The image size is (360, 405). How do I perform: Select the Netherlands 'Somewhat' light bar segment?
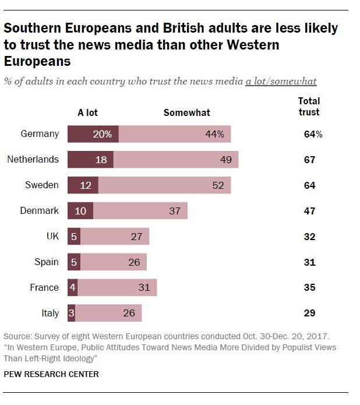175,160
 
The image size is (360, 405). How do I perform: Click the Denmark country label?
40,210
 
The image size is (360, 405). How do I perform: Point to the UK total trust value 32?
309,237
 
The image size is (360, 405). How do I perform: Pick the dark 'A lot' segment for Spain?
73,262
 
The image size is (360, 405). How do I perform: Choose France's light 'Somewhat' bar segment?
117,287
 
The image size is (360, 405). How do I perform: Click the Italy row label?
51,313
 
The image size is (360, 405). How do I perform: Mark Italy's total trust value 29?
309,313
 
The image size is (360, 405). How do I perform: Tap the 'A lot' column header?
87,112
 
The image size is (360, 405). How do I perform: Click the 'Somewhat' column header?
186,112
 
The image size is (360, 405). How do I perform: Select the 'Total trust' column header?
309,107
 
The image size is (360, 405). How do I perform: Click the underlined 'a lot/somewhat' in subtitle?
281,81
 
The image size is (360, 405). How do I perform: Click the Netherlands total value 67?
309,160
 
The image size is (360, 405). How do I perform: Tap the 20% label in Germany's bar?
101,134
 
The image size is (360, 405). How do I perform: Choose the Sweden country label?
42,185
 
